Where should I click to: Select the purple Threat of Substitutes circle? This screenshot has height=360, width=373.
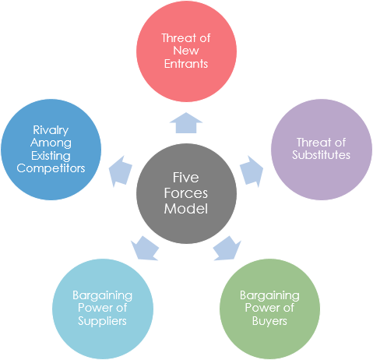(321, 148)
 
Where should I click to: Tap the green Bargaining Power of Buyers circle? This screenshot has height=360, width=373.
(269, 309)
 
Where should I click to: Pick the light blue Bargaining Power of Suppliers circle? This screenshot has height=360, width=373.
(102, 309)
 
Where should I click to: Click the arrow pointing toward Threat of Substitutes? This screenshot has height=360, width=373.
(251, 171)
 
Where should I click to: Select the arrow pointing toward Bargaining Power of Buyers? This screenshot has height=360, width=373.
(226, 247)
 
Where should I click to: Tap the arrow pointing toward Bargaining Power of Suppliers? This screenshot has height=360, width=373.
(146, 247)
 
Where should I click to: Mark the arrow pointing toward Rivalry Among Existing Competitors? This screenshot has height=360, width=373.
(121, 171)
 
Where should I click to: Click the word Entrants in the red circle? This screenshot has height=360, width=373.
(185, 64)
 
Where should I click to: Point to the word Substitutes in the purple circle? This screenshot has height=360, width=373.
(322, 155)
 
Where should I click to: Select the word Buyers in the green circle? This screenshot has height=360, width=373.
(269, 321)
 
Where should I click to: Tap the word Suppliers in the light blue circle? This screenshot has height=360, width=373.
(102, 321)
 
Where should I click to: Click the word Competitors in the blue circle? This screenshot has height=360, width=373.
(51, 168)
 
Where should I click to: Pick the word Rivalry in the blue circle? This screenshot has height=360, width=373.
(51, 130)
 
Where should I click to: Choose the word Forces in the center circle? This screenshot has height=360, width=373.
(186, 193)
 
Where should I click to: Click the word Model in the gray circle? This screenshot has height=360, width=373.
(186, 209)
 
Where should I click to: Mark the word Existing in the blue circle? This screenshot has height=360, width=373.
(51, 155)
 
